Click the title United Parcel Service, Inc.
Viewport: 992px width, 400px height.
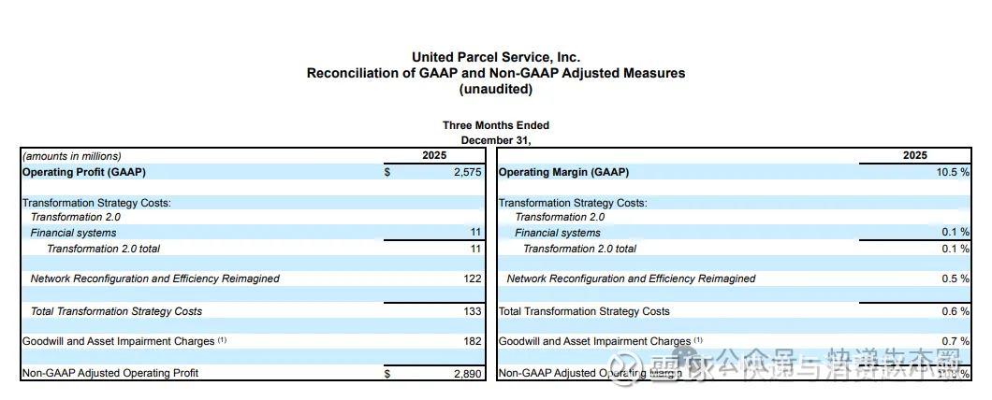tap(495, 57)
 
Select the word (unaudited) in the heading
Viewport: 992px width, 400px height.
tap(495, 89)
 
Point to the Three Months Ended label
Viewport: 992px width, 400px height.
tap(495, 125)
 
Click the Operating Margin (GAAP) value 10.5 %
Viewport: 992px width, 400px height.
tap(950, 172)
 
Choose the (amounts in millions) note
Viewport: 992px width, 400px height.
tap(72, 156)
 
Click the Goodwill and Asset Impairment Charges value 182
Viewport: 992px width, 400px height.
tap(471, 341)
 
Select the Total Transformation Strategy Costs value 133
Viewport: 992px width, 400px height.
tap(471, 311)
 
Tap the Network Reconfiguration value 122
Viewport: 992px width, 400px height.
tap(471, 279)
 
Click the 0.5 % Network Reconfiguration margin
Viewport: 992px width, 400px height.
tap(956, 279)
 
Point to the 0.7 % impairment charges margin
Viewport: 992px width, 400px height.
tap(956, 341)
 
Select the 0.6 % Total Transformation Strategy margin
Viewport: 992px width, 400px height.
tap(956, 311)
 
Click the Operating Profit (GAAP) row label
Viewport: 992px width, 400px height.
tap(83, 172)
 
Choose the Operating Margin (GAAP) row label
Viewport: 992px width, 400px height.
tap(563, 172)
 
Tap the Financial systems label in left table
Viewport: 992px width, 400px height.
tap(73, 233)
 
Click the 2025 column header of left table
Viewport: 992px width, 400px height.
tap(434, 156)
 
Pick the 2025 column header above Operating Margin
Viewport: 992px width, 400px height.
tap(914, 156)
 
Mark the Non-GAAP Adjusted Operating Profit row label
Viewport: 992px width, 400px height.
tap(110, 373)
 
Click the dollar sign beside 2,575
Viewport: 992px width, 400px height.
tap(387, 172)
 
